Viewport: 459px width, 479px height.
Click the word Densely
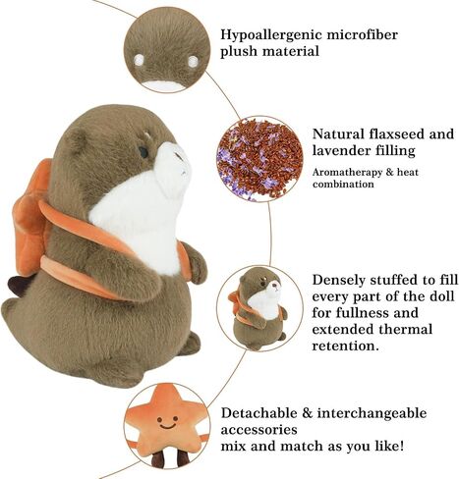[338, 281]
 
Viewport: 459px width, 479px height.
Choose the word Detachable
[258, 412]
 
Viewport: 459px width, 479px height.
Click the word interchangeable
[373, 413]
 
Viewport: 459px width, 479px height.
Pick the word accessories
[258, 430]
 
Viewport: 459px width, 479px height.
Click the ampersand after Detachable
[307, 413]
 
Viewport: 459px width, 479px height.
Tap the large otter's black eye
[143, 152]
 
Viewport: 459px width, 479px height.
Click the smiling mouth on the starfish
[167, 426]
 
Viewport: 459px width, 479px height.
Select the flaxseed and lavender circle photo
[259, 159]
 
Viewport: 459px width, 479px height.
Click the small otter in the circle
[258, 308]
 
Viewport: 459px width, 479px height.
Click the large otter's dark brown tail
[18, 286]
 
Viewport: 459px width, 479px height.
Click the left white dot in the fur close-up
[139, 60]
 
